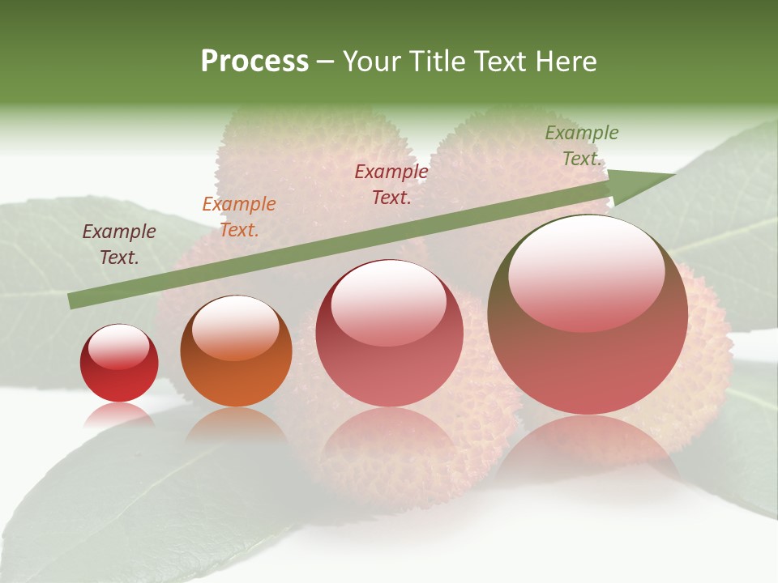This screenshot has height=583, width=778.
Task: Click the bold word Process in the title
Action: click(254, 62)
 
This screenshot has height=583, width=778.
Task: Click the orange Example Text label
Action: click(239, 217)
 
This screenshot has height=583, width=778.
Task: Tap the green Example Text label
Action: click(581, 146)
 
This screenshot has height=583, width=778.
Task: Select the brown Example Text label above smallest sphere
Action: click(119, 245)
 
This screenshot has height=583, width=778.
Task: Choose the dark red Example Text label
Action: click(391, 185)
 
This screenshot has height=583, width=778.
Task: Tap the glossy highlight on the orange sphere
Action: click(235, 326)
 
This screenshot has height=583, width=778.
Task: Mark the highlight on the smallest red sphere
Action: click(118, 347)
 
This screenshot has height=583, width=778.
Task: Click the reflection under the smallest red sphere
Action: click(119, 415)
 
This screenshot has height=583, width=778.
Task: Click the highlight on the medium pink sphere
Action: click(388, 302)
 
